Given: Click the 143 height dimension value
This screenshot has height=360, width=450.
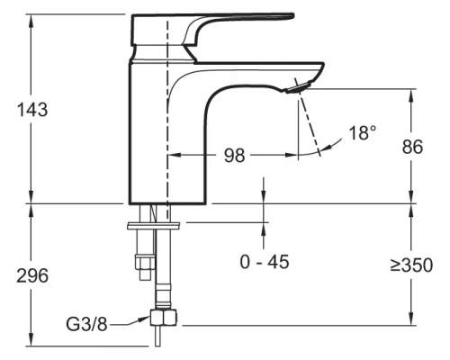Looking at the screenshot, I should (x=32, y=109).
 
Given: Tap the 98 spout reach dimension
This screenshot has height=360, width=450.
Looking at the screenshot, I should (x=234, y=156).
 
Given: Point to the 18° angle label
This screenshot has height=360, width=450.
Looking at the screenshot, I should (x=362, y=133).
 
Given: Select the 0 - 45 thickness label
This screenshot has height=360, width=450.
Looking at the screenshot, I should (x=265, y=264).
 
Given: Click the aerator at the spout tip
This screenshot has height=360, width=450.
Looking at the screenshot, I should (x=298, y=87).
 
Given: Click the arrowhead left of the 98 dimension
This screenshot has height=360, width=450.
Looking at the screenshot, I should (x=174, y=156).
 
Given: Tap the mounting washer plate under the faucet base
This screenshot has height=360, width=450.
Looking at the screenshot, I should (x=155, y=222).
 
